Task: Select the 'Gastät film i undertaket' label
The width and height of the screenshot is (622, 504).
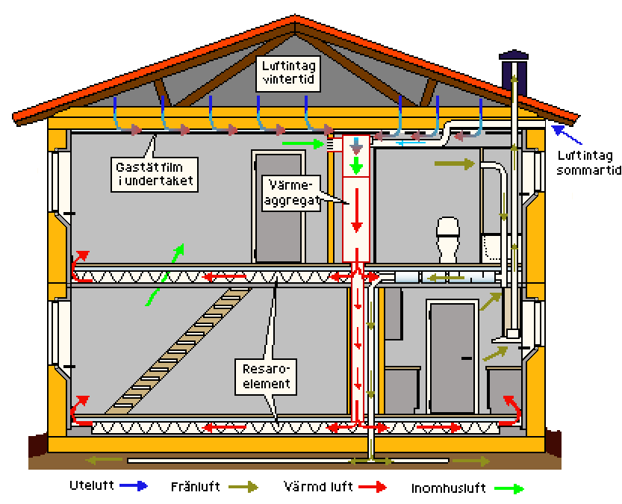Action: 157,172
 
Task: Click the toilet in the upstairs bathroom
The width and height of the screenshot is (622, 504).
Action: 447,238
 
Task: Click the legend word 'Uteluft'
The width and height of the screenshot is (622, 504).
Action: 91,486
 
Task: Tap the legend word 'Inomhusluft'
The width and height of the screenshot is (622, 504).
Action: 447,489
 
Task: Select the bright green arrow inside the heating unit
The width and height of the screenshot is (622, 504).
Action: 357,164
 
